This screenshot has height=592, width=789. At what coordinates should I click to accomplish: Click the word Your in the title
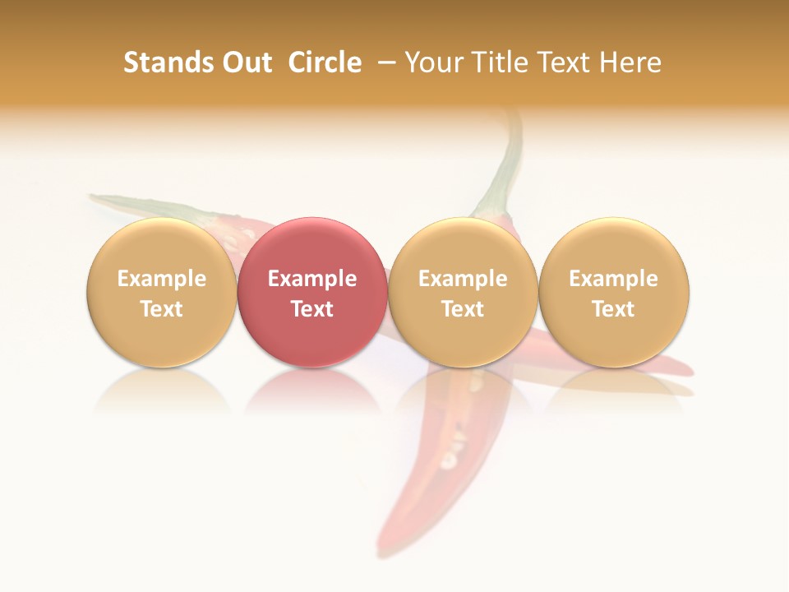[433, 62]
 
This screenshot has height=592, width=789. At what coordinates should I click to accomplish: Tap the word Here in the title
[630, 62]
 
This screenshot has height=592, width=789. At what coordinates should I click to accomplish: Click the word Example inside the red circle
[312, 279]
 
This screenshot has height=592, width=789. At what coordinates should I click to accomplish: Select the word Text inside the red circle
[312, 309]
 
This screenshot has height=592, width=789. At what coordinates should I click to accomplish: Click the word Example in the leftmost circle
[162, 279]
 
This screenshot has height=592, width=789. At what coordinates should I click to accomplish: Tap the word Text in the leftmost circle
[162, 309]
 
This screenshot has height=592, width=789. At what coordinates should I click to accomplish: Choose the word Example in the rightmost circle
[614, 279]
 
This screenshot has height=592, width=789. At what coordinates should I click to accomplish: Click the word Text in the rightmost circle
[614, 309]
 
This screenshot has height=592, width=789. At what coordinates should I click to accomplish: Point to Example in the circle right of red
[463, 279]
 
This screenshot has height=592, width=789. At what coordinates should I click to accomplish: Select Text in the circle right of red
[463, 309]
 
